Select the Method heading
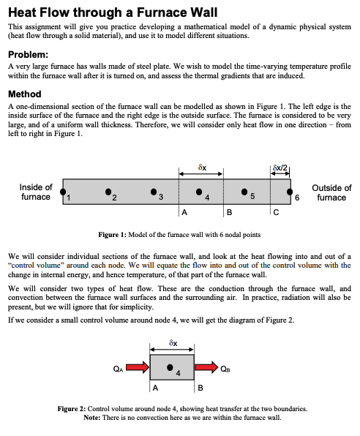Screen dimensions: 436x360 pyautogui.click(x=24, y=94)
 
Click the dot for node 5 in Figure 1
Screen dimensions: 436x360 pyautogui.click(x=244, y=192)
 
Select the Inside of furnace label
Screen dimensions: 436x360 pyautogui.click(x=35, y=192)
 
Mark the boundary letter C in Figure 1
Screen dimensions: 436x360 pyautogui.click(x=275, y=214)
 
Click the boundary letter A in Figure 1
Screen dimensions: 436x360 pyautogui.click(x=184, y=214)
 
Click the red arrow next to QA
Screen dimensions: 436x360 pyautogui.click(x=137, y=367)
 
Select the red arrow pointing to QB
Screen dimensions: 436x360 pyautogui.click(x=206, y=367)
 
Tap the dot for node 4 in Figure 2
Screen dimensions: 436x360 pyautogui.click(x=170, y=367)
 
